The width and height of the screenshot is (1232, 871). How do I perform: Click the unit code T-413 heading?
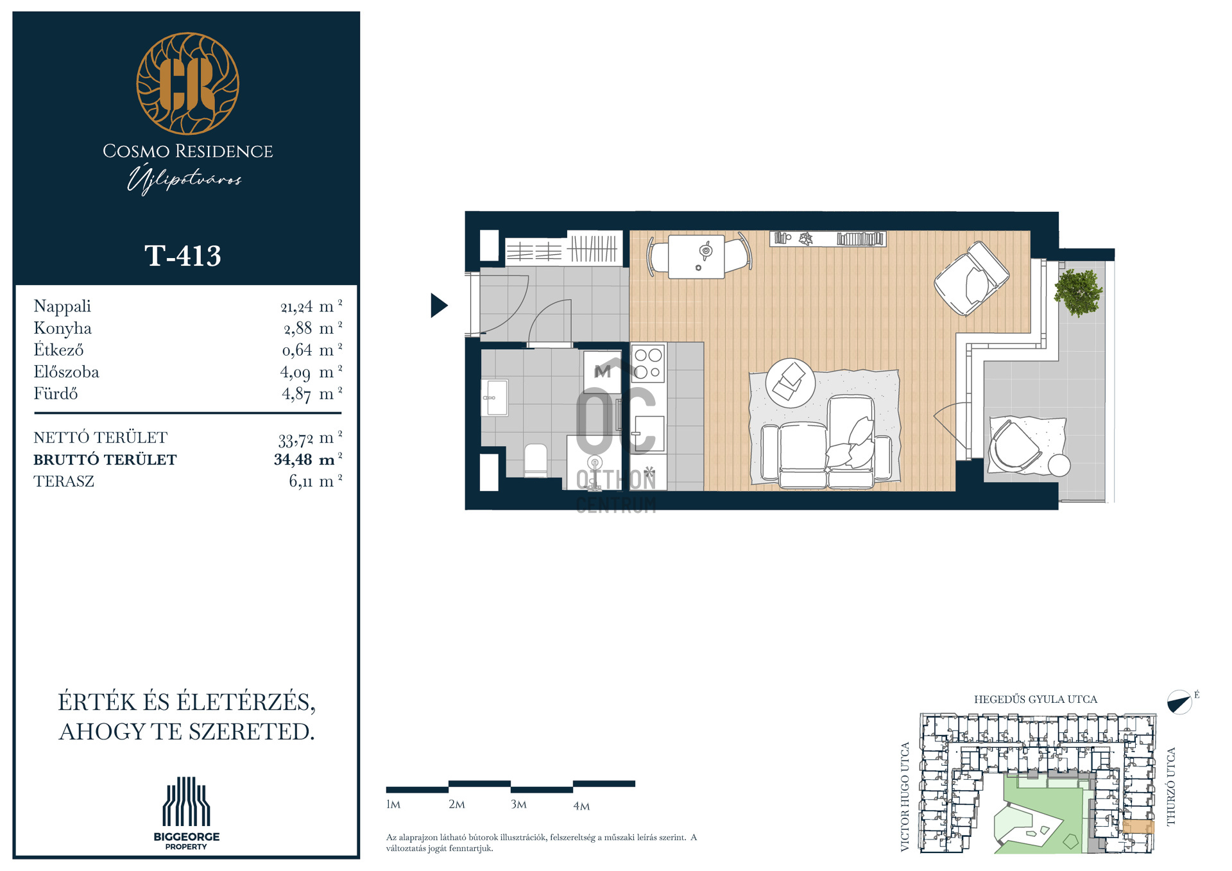[x=183, y=256]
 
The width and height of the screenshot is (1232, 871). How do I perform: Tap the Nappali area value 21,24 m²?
[x=311, y=307]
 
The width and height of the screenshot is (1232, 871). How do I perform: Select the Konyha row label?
[x=62, y=329]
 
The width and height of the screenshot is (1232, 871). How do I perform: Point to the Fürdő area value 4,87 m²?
[x=312, y=393]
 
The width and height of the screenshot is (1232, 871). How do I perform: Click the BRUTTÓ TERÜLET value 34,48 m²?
[x=308, y=460]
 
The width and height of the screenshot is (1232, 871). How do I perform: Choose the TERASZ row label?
[x=64, y=481]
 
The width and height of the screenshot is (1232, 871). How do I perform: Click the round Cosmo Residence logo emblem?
[x=187, y=83]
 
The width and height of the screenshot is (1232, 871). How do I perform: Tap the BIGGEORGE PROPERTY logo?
[x=186, y=813]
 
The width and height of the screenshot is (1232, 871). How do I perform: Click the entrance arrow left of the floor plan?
[x=439, y=306]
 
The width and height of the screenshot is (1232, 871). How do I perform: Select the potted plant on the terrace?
[x=1078, y=293]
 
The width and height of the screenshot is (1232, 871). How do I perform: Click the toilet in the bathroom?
[x=536, y=460]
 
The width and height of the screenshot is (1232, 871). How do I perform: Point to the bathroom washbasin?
[x=495, y=398]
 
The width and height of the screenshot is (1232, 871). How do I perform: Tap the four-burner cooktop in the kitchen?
[x=648, y=363]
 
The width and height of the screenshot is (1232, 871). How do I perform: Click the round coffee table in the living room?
[x=791, y=383]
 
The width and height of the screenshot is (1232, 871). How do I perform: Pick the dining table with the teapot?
[x=697, y=257]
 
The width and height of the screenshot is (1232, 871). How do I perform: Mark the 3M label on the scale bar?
[x=518, y=804]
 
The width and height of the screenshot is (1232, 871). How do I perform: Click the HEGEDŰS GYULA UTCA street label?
[x=1036, y=699]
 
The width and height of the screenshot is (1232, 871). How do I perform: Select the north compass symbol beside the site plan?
[x=1179, y=702]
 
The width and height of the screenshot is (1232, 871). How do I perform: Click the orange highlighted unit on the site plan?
[x=1138, y=827]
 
